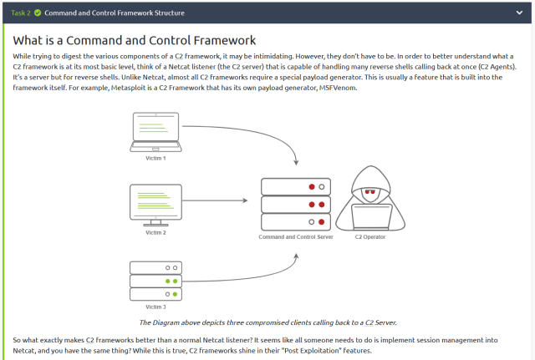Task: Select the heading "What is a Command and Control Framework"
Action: point(135,40)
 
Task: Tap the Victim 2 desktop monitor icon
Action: point(155,205)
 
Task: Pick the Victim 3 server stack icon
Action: point(155,281)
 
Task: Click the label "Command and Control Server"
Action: point(296,237)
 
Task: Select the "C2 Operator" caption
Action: point(369,237)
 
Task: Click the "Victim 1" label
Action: point(155,158)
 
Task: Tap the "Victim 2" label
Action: point(155,232)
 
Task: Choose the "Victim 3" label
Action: point(155,307)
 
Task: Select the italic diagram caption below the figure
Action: point(267,322)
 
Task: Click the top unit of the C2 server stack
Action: point(296,186)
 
